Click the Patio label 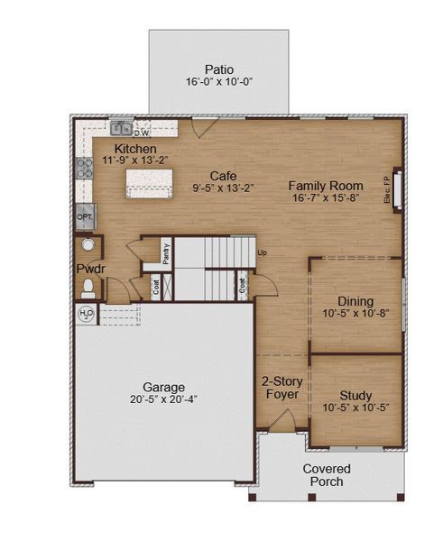tap(219, 69)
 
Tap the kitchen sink tap(122, 128)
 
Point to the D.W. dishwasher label tap(142, 133)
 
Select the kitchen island tap(149, 183)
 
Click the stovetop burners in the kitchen tap(85, 168)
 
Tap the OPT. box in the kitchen tap(85, 217)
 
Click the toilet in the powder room tap(88, 289)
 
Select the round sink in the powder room tap(88, 244)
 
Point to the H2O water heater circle tap(87, 314)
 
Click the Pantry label tap(166, 254)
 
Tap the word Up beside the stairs tap(262, 252)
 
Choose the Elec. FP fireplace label tap(387, 189)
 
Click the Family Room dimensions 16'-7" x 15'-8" tap(326, 197)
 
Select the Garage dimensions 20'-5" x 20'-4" tap(163, 399)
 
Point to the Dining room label tap(355, 301)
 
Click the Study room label tap(355, 396)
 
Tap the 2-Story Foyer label tap(282, 388)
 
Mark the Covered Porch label tap(327, 475)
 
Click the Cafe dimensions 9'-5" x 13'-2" tap(224, 188)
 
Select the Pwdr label tap(90, 269)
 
